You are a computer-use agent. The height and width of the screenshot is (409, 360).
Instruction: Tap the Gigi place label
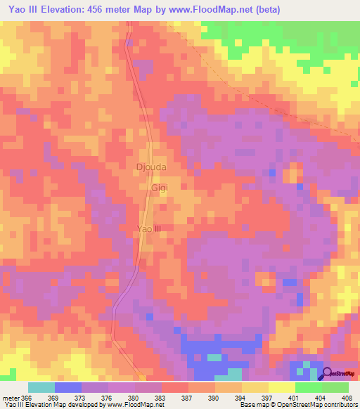pyautogui.click(x=160, y=189)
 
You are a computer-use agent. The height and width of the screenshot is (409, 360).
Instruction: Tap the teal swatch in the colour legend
pyautogui.click(x=41, y=387)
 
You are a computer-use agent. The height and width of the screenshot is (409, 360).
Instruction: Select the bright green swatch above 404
pyautogui.click(x=309, y=387)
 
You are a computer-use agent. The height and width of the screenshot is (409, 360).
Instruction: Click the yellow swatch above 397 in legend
pyautogui.click(x=255, y=387)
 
